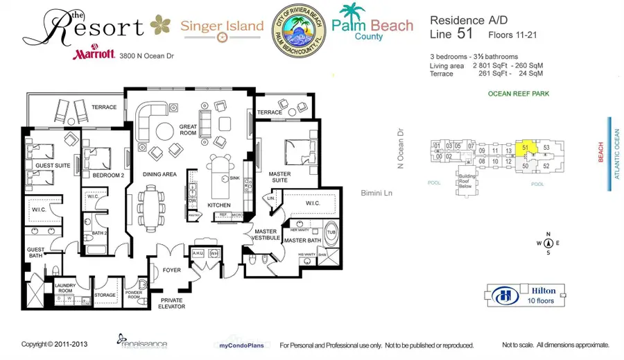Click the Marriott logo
(x=94, y=55)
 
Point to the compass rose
(x=548, y=243)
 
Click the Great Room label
(x=189, y=130)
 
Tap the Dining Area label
(x=160, y=175)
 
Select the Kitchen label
(x=219, y=205)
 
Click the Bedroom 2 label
(x=107, y=175)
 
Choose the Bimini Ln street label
(x=378, y=193)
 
